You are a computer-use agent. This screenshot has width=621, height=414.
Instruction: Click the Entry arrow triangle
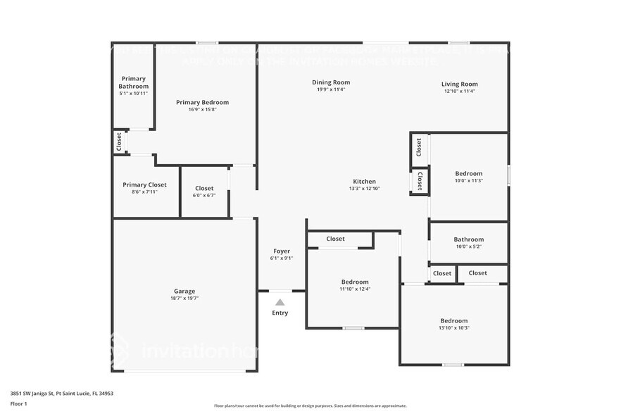(x=280, y=302)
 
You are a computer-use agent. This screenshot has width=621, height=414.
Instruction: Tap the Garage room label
(x=184, y=291)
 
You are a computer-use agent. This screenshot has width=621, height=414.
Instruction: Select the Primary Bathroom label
(x=133, y=82)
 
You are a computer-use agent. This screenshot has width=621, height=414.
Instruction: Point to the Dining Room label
(x=331, y=82)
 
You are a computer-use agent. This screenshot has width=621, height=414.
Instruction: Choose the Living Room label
(x=460, y=84)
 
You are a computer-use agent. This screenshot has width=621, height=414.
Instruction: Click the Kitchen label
(x=364, y=181)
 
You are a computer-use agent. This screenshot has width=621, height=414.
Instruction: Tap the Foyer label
(x=282, y=251)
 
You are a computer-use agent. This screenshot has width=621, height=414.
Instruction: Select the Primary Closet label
(x=145, y=184)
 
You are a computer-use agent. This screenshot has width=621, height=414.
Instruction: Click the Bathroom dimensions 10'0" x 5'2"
(x=469, y=246)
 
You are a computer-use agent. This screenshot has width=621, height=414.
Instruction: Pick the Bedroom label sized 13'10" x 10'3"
(x=454, y=320)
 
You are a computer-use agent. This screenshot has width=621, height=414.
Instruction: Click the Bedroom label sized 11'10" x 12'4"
(x=355, y=282)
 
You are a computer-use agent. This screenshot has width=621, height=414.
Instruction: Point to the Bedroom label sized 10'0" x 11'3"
(x=469, y=173)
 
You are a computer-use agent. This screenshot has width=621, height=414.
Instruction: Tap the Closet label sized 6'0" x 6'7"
(x=204, y=188)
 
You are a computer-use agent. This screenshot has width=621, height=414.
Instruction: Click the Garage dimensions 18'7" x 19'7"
(x=184, y=299)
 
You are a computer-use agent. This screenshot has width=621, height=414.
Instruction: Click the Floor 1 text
(x=18, y=403)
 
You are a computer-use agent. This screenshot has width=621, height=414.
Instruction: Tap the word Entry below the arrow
(x=280, y=313)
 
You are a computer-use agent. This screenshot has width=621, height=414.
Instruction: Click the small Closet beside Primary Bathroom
(x=119, y=142)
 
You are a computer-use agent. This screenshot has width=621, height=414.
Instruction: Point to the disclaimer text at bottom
(x=310, y=406)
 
